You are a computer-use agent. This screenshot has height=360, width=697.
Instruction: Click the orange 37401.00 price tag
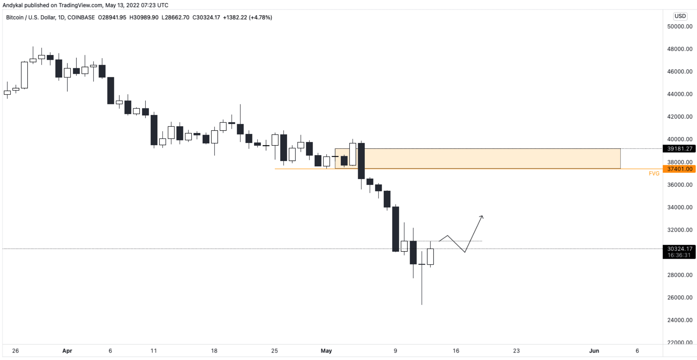pos(679,169)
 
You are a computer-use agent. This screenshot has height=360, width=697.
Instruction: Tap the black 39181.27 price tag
pos(679,149)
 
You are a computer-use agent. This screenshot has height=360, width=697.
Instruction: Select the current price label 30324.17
pos(679,249)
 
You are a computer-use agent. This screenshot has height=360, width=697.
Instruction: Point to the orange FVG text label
pos(654,174)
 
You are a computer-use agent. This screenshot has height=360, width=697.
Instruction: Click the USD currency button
pos(680,16)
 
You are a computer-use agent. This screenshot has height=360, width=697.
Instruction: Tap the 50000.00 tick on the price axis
pos(679,27)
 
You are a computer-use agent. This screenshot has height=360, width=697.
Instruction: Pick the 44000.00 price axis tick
pos(679,94)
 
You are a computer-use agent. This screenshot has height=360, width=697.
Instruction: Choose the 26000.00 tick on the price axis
pos(679,298)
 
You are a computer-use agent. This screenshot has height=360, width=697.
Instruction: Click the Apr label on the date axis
pos(67,351)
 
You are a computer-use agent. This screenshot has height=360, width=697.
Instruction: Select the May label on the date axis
pos(326,351)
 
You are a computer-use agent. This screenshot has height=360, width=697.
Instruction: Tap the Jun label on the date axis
pos(594,351)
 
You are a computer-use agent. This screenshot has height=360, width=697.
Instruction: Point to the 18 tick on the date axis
pos(214,351)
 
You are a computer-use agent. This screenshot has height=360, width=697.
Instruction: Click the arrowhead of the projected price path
pos(482,217)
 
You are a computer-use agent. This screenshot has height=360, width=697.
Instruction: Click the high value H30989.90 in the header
pos(144,18)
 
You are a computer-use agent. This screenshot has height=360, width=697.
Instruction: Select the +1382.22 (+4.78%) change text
pos(247,18)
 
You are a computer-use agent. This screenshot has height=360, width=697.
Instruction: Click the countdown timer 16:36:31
pos(679,255)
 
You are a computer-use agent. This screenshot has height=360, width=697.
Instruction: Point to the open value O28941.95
pos(112,18)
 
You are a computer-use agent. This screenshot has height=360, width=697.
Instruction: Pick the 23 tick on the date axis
pos(516,351)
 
